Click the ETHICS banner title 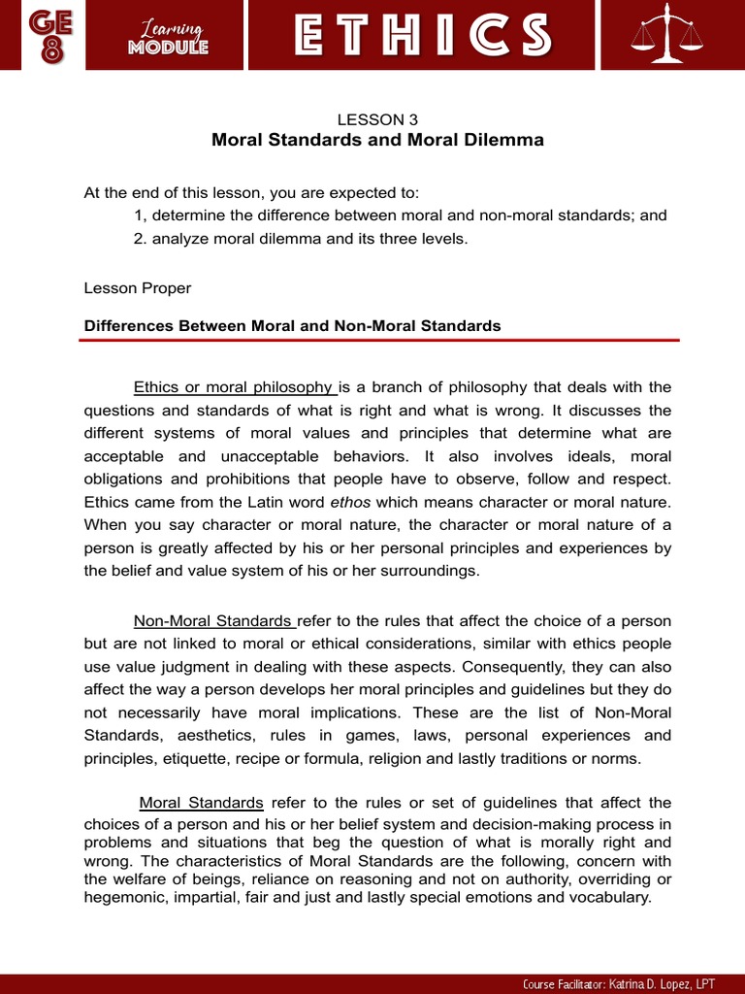tap(422, 35)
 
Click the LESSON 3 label tap(377, 119)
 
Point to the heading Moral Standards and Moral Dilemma tap(377, 140)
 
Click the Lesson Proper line tap(138, 288)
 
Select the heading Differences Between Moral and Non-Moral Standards tap(293, 326)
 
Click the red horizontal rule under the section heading tap(381, 341)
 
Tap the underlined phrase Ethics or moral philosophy tap(234, 387)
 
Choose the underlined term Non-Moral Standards tap(213, 621)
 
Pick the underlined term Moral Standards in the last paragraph tap(202, 803)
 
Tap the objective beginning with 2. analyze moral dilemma tap(301, 239)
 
